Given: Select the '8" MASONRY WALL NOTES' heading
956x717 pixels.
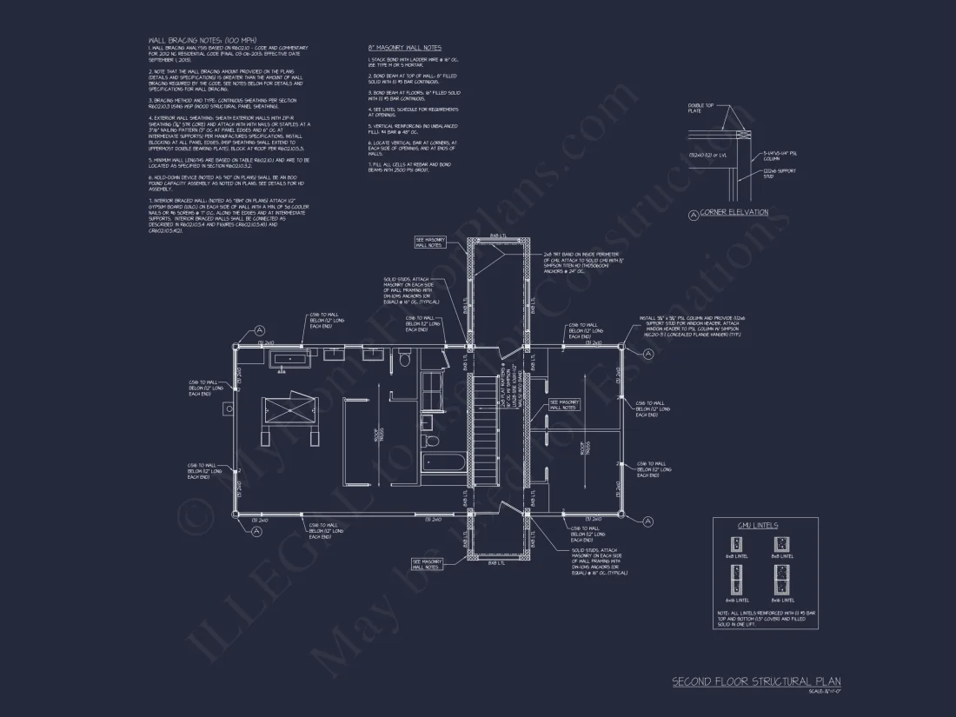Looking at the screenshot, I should (405, 47).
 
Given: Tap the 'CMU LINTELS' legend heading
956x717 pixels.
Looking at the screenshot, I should (757, 526).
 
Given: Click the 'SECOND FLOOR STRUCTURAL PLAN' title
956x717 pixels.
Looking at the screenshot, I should (756, 681).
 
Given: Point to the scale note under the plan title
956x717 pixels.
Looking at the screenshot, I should (825, 692).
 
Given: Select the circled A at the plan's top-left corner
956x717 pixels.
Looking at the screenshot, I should (259, 330).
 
